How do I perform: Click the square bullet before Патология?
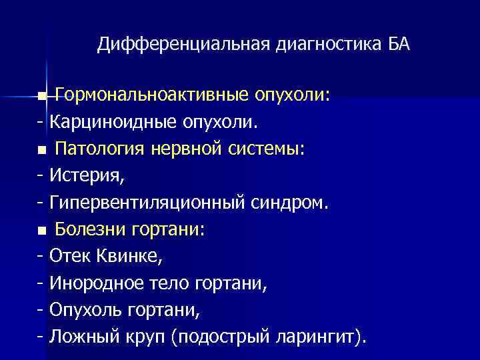click(43, 151)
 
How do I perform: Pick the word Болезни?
click(89, 230)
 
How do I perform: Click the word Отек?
click(69, 257)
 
